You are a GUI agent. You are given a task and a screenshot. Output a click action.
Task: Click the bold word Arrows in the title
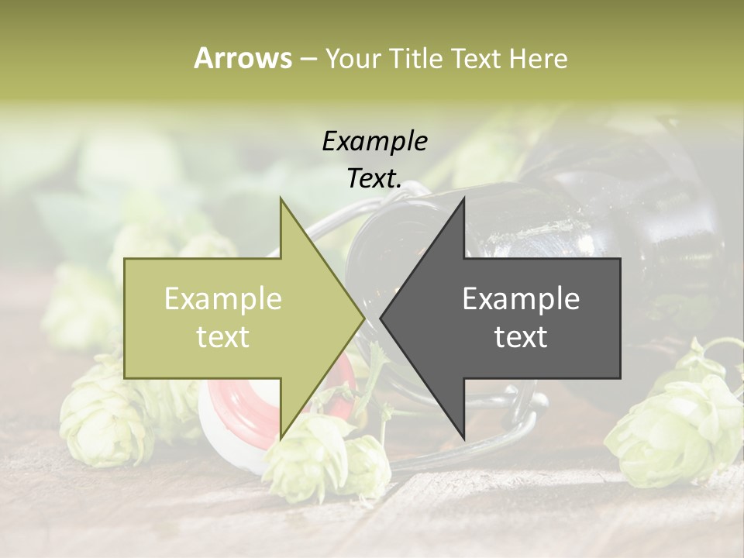tap(243, 58)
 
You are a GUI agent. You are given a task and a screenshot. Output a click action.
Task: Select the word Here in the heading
tap(539, 58)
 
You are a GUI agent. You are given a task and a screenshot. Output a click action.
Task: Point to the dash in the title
tap(307, 60)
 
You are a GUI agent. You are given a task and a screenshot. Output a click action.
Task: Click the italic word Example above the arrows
tap(375, 142)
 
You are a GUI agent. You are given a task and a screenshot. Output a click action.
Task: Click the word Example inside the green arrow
tap(223, 299)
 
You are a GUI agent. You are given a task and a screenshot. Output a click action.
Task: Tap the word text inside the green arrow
tap(223, 337)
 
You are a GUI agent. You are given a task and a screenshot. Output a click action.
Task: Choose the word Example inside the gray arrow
tap(521, 299)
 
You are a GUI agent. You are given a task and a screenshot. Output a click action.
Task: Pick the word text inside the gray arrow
tap(521, 337)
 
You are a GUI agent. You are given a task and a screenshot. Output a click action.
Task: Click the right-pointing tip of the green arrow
tap(363, 318)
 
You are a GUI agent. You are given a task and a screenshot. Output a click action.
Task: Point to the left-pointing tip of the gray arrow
tap(382, 318)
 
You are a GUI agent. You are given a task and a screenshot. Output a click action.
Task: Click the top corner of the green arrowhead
tap(281, 199)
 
